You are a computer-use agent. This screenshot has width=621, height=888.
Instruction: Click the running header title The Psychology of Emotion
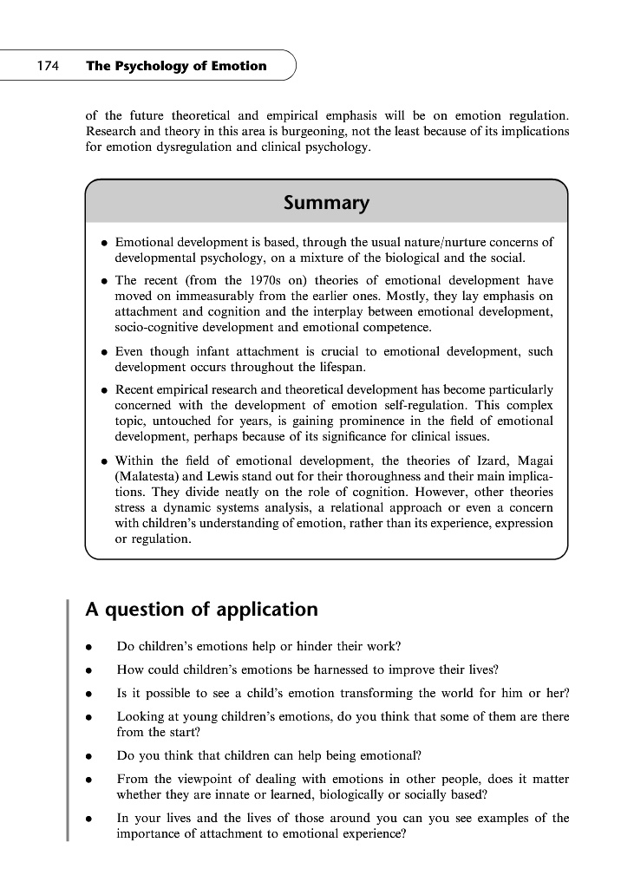(176, 66)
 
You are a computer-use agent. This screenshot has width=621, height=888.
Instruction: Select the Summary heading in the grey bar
(326, 203)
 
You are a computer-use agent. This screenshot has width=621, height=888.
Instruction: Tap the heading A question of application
(202, 609)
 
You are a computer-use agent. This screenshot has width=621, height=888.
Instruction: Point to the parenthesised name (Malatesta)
(149, 475)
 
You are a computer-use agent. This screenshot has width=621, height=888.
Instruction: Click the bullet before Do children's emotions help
(88, 647)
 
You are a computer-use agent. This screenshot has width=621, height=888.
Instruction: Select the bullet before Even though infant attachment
(104, 353)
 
